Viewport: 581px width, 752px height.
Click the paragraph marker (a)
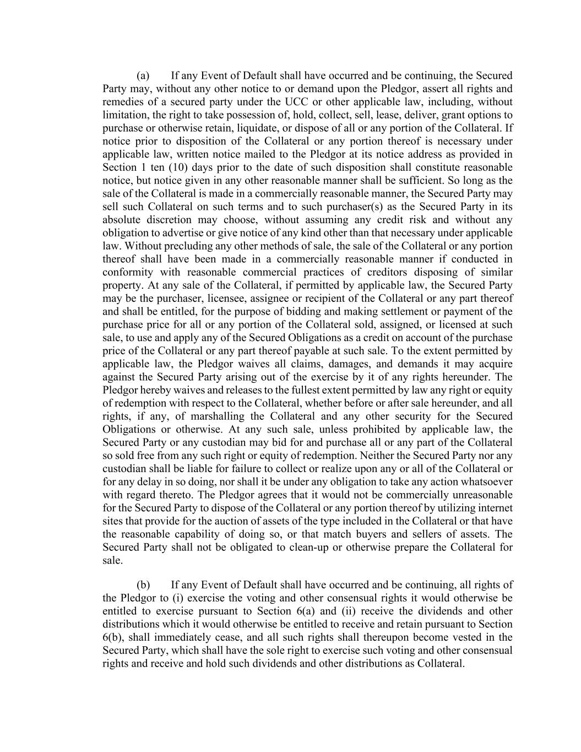click(x=143, y=75)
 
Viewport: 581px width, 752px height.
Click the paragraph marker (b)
click(x=143, y=585)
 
